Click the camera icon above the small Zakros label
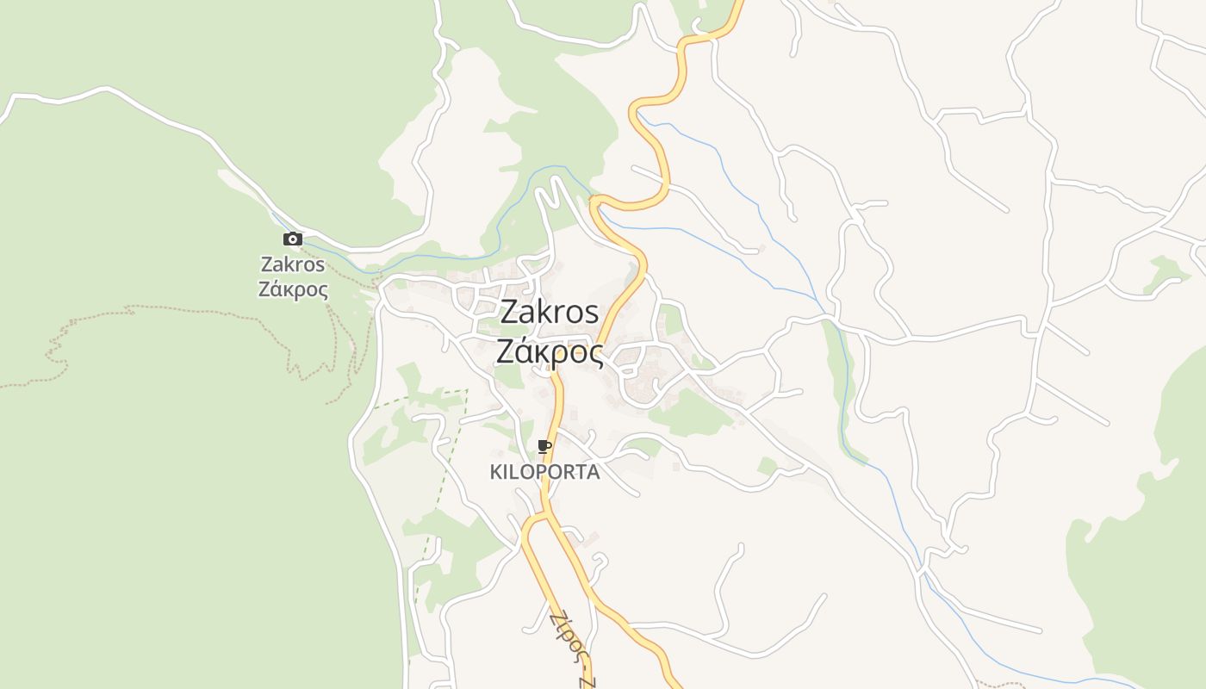(x=293, y=239)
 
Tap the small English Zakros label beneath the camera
(x=293, y=264)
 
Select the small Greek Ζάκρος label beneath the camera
(x=293, y=289)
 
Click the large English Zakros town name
(x=549, y=312)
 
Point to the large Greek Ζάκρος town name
(x=549, y=351)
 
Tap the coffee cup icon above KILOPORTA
(x=544, y=446)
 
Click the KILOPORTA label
(x=544, y=472)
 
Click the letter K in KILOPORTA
(x=496, y=472)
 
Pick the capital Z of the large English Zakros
(x=510, y=312)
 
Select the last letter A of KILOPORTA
(x=593, y=472)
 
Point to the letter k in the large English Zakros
(x=545, y=312)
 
